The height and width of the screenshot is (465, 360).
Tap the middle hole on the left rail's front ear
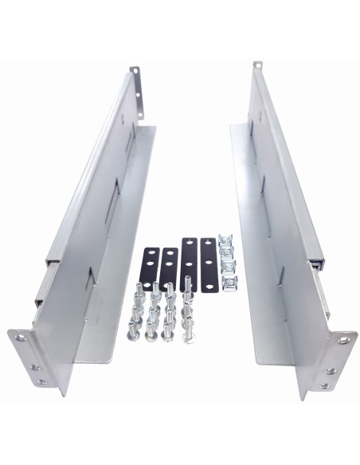[x=34, y=368]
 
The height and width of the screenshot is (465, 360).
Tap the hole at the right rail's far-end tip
[x=256, y=65]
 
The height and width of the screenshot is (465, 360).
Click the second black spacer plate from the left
[x=169, y=267]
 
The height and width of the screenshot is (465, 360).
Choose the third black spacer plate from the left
[x=189, y=262]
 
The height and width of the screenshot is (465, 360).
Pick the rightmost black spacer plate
[x=208, y=262]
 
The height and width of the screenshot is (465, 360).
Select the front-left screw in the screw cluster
[x=132, y=334]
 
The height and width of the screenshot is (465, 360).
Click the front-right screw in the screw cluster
[x=188, y=334]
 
